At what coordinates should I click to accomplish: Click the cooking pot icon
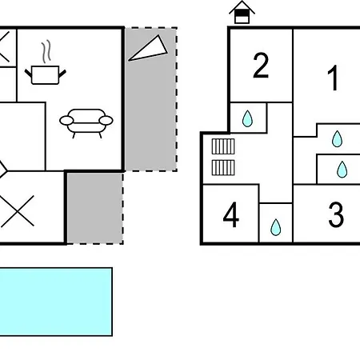point(45,75)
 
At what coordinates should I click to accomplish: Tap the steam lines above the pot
point(46,52)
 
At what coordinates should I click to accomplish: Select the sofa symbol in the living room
point(86,123)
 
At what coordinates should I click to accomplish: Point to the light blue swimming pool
point(56,302)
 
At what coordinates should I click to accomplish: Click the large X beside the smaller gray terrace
point(18,211)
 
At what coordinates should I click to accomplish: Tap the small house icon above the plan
point(242,12)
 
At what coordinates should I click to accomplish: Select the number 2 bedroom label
point(261,66)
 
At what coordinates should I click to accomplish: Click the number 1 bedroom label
point(334,78)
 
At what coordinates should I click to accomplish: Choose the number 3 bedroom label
point(336,214)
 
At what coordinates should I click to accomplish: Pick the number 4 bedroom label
point(231,214)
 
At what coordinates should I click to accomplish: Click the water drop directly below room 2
point(247,118)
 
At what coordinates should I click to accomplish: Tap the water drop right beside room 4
point(276,227)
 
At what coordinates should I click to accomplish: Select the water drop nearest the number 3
point(342,170)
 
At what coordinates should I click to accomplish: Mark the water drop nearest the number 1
point(337,138)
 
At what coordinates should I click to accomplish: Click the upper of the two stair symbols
point(223,146)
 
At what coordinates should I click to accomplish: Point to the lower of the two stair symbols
point(223,168)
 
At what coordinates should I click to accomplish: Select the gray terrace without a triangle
point(95,208)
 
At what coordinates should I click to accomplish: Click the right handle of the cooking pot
point(62,74)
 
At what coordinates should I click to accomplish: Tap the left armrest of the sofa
point(66,121)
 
